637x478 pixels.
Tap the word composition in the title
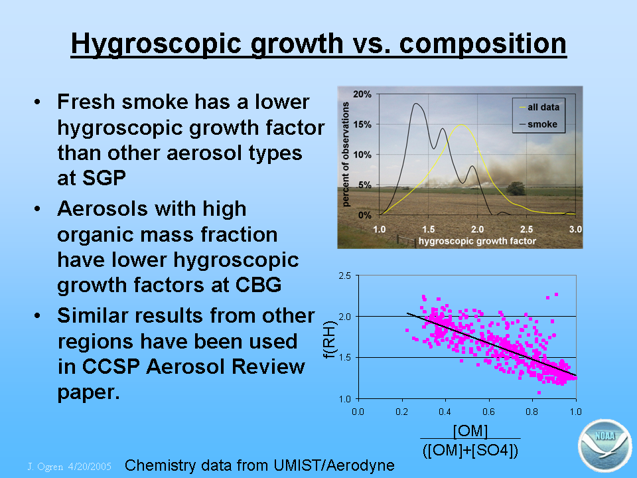pos(482,44)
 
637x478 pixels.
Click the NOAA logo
pos(605,445)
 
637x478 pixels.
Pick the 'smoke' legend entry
pos(538,124)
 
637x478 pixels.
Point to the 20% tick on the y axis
pos(362,94)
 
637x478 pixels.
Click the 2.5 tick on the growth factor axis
pos(526,229)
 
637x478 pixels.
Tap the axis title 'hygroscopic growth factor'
pos(477,241)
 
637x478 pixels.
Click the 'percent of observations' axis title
pos(345,154)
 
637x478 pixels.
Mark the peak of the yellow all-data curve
pos(461,125)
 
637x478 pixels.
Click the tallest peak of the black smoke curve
pos(417,104)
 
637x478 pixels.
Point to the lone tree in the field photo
pos(516,189)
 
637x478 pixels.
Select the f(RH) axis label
pos(330,340)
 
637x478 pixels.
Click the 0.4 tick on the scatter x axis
pos(445,412)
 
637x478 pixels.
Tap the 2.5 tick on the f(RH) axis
pos(344,276)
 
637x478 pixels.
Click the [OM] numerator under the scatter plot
pos(470,430)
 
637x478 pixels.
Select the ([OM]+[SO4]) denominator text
pos(470,450)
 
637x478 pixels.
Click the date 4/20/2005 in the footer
pos(90,466)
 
